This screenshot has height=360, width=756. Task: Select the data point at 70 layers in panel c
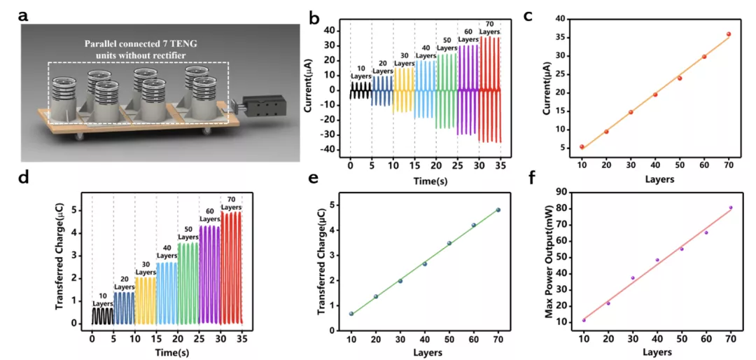point(729,34)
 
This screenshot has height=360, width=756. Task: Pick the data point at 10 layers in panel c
point(582,147)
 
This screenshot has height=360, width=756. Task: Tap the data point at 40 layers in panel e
point(425,263)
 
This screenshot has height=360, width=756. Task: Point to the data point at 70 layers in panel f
point(731,207)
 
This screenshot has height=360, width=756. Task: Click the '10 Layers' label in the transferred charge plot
point(103,300)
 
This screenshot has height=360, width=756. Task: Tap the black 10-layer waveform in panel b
point(360,90)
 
